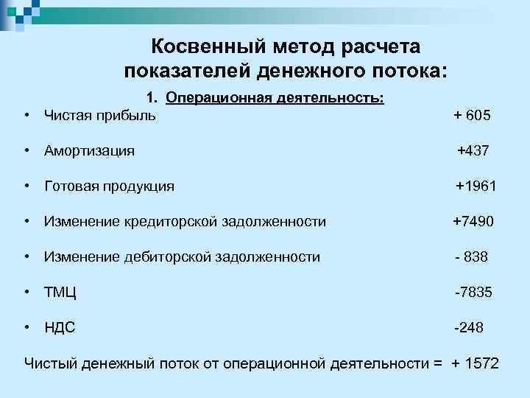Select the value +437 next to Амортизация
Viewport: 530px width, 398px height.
tap(473, 151)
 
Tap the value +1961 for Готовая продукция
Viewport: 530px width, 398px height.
tap(476, 186)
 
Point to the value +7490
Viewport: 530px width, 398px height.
tap(474, 221)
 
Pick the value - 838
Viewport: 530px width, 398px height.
tap(471, 256)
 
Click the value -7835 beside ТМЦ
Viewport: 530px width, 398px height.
tap(473, 293)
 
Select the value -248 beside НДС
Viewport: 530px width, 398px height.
tap(468, 327)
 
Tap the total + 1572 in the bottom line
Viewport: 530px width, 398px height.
tap(475, 363)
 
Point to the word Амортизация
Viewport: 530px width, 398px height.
tap(89, 151)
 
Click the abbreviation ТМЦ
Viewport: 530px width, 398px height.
tap(60, 293)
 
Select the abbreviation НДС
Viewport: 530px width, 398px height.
tap(60, 327)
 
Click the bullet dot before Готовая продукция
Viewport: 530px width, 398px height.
tap(26, 186)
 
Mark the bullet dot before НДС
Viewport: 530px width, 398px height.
tap(26, 327)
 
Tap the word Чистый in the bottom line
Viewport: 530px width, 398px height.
tap(50, 363)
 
